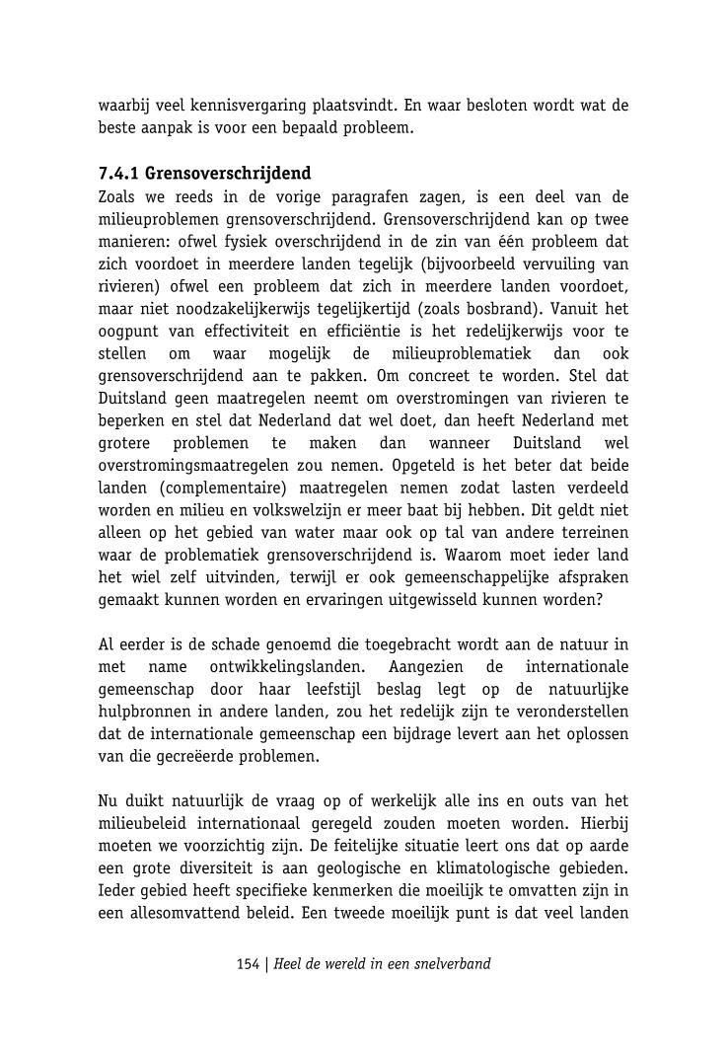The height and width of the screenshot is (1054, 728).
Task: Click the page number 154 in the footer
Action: point(248,964)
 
